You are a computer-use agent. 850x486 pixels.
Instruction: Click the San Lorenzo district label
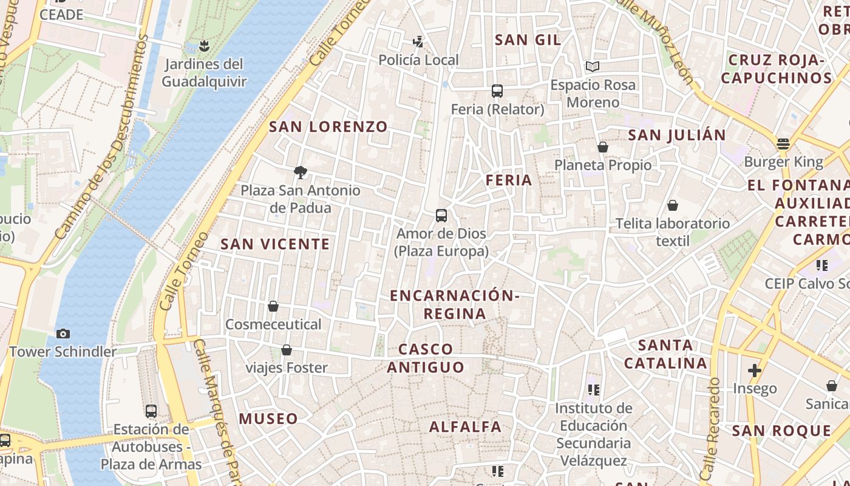[x=328, y=127]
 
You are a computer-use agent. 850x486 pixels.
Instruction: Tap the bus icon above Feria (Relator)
[x=497, y=91]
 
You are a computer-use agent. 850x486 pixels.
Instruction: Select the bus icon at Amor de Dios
[x=441, y=216]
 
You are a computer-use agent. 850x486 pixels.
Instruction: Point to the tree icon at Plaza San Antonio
[x=300, y=173]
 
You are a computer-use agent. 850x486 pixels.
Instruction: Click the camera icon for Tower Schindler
[x=63, y=334]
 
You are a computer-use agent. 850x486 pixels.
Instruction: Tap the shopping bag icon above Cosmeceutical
[x=273, y=306]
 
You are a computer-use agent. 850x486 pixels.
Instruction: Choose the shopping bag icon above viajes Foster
[x=287, y=350]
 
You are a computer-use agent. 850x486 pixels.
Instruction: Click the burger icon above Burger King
[x=783, y=144]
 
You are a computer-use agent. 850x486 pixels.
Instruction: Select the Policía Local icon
[x=418, y=42]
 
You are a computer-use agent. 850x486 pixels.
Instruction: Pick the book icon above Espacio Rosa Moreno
[x=593, y=66]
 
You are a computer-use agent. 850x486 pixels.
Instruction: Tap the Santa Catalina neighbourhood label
[x=665, y=354]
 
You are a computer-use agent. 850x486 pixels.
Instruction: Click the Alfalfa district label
[x=466, y=427]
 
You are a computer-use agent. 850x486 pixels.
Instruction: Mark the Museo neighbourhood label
[x=268, y=419]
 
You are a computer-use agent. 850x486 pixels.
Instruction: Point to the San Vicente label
[x=275, y=244]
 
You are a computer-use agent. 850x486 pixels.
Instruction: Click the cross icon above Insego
[x=754, y=370]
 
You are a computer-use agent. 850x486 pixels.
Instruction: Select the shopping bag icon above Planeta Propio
[x=603, y=147]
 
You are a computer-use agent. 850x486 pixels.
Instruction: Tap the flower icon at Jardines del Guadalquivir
[x=204, y=46]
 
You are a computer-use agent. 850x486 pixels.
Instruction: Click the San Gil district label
[x=528, y=40]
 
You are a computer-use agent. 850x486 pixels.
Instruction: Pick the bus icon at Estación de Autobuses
[x=151, y=411]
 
